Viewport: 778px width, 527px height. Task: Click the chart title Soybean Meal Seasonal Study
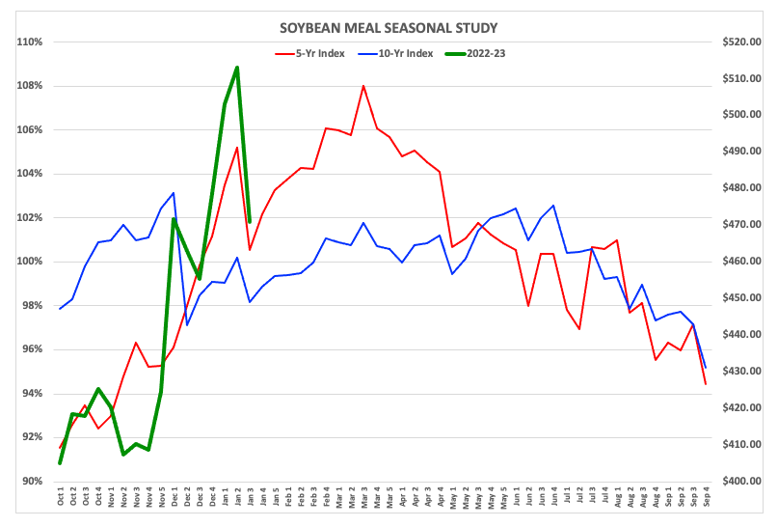(x=389, y=29)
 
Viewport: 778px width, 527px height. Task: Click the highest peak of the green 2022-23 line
(x=237, y=68)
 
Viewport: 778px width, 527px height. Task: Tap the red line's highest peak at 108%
(x=363, y=86)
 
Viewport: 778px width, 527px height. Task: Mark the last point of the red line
(x=706, y=384)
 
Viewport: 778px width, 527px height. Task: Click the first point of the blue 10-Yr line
(x=60, y=309)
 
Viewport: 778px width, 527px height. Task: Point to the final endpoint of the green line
(x=250, y=222)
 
